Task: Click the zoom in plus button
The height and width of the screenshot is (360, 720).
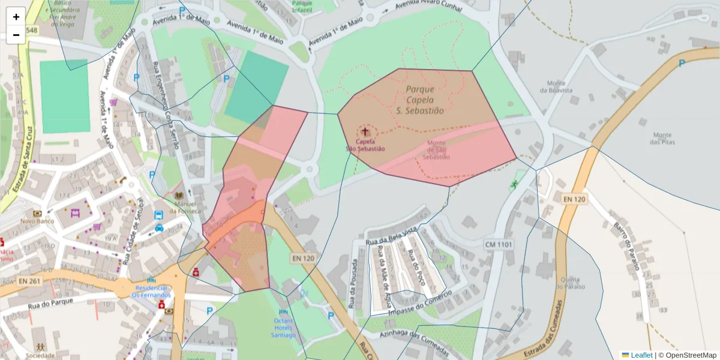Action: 16,17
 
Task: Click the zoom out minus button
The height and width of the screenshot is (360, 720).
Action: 16,35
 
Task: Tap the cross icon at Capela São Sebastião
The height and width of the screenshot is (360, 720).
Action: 364,131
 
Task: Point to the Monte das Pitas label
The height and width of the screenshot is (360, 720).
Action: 662,139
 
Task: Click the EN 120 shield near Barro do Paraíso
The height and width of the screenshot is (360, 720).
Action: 574,199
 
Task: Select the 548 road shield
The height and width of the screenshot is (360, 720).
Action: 31,30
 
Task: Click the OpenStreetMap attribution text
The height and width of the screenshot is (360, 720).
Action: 687,355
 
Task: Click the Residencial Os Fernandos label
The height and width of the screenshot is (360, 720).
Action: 151,291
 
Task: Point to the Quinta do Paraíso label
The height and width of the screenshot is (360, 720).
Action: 570,283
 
